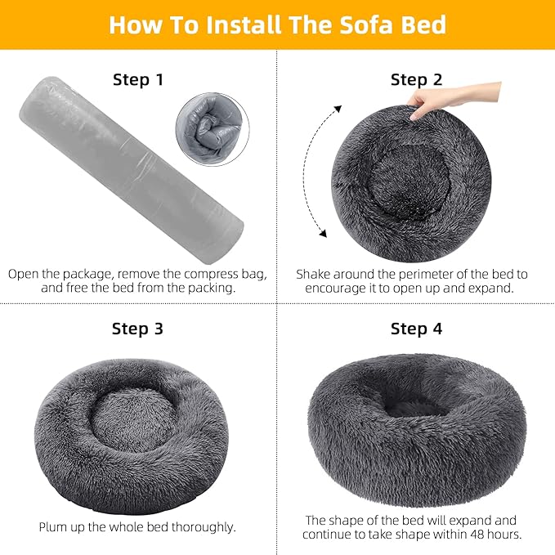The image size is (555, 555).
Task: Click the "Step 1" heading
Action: (x=137, y=80)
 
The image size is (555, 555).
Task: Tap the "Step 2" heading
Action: (x=416, y=80)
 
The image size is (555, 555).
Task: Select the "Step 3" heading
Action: (x=137, y=329)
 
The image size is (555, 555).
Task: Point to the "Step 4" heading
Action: (x=416, y=329)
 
